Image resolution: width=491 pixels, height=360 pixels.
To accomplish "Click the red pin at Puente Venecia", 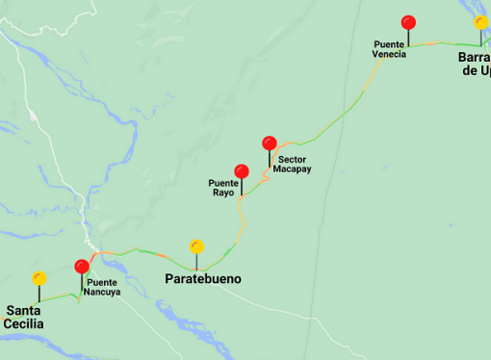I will coord(408,22).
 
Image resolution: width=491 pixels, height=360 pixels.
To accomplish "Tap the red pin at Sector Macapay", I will coord(270,143).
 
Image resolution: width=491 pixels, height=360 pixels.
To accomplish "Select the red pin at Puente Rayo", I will coord(242,171).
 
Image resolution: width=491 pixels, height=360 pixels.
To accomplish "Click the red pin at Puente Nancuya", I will coord(82,267).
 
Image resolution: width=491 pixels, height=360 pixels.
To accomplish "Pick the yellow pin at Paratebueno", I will coord(197,246).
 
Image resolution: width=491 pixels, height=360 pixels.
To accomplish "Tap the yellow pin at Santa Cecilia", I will coord(39,278).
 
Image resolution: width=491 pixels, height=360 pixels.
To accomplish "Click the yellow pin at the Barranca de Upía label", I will coord(480,22).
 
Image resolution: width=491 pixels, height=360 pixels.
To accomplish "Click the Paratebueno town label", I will coord(202,279).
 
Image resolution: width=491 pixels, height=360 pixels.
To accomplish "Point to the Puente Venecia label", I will coord(389,48).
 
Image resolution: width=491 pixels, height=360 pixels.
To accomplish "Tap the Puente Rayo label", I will coord(223,187).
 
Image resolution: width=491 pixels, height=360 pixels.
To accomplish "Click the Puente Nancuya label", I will coord(103,287).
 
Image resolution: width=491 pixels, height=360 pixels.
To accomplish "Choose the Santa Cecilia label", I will coord(25,317).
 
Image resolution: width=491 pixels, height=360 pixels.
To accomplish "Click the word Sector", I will coord(292,159).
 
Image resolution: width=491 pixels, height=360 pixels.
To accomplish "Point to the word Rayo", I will coord(222,192).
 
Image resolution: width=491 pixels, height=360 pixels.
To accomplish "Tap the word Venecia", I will coord(389,54).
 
